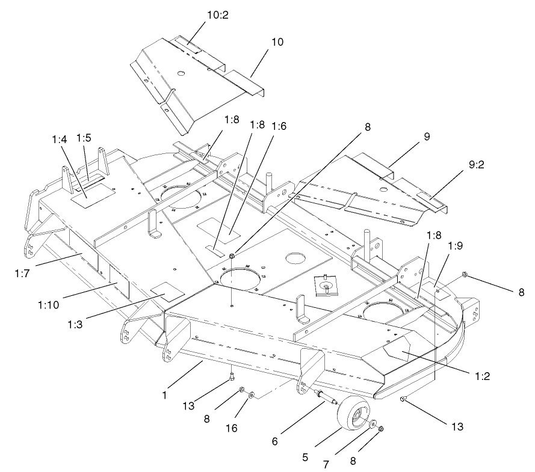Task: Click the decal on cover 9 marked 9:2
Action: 427,198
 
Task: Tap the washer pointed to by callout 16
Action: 251,395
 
